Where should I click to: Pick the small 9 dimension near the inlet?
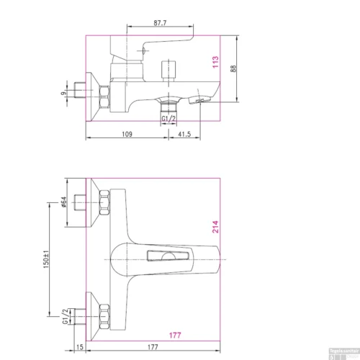point(63,92)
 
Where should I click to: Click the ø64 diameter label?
point(63,204)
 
